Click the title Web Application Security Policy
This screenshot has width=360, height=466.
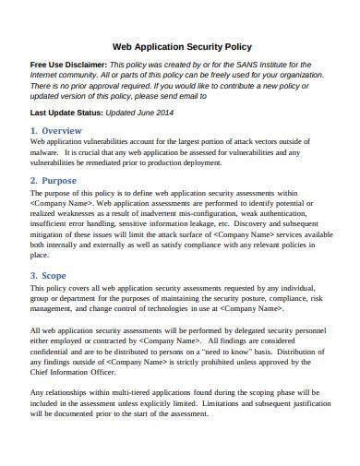[181, 45]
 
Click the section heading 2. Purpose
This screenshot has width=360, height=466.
[54, 180]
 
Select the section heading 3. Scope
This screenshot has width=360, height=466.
[50, 275]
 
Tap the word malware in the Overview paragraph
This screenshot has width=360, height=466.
[47, 155]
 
